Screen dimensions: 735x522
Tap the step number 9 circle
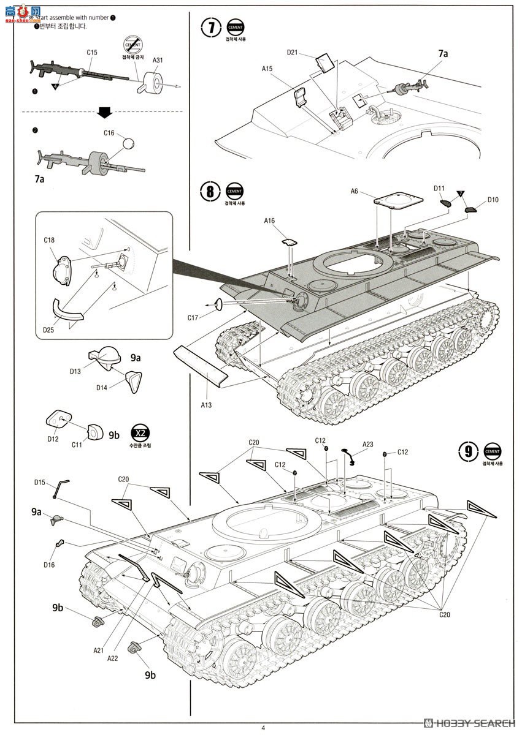tap(468, 451)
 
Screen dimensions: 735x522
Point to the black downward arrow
tap(104, 111)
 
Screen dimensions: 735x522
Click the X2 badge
tap(140, 432)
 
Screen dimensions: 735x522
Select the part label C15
tap(92, 53)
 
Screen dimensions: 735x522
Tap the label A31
tap(158, 60)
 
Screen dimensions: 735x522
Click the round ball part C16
tap(129, 144)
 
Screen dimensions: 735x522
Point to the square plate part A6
tap(399, 202)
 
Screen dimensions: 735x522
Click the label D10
tap(493, 200)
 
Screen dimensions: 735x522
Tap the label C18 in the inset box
tap(50, 239)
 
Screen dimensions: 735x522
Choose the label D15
tap(40, 483)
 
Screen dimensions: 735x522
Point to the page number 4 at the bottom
tap(263, 728)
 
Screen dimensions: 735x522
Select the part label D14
tap(102, 387)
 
